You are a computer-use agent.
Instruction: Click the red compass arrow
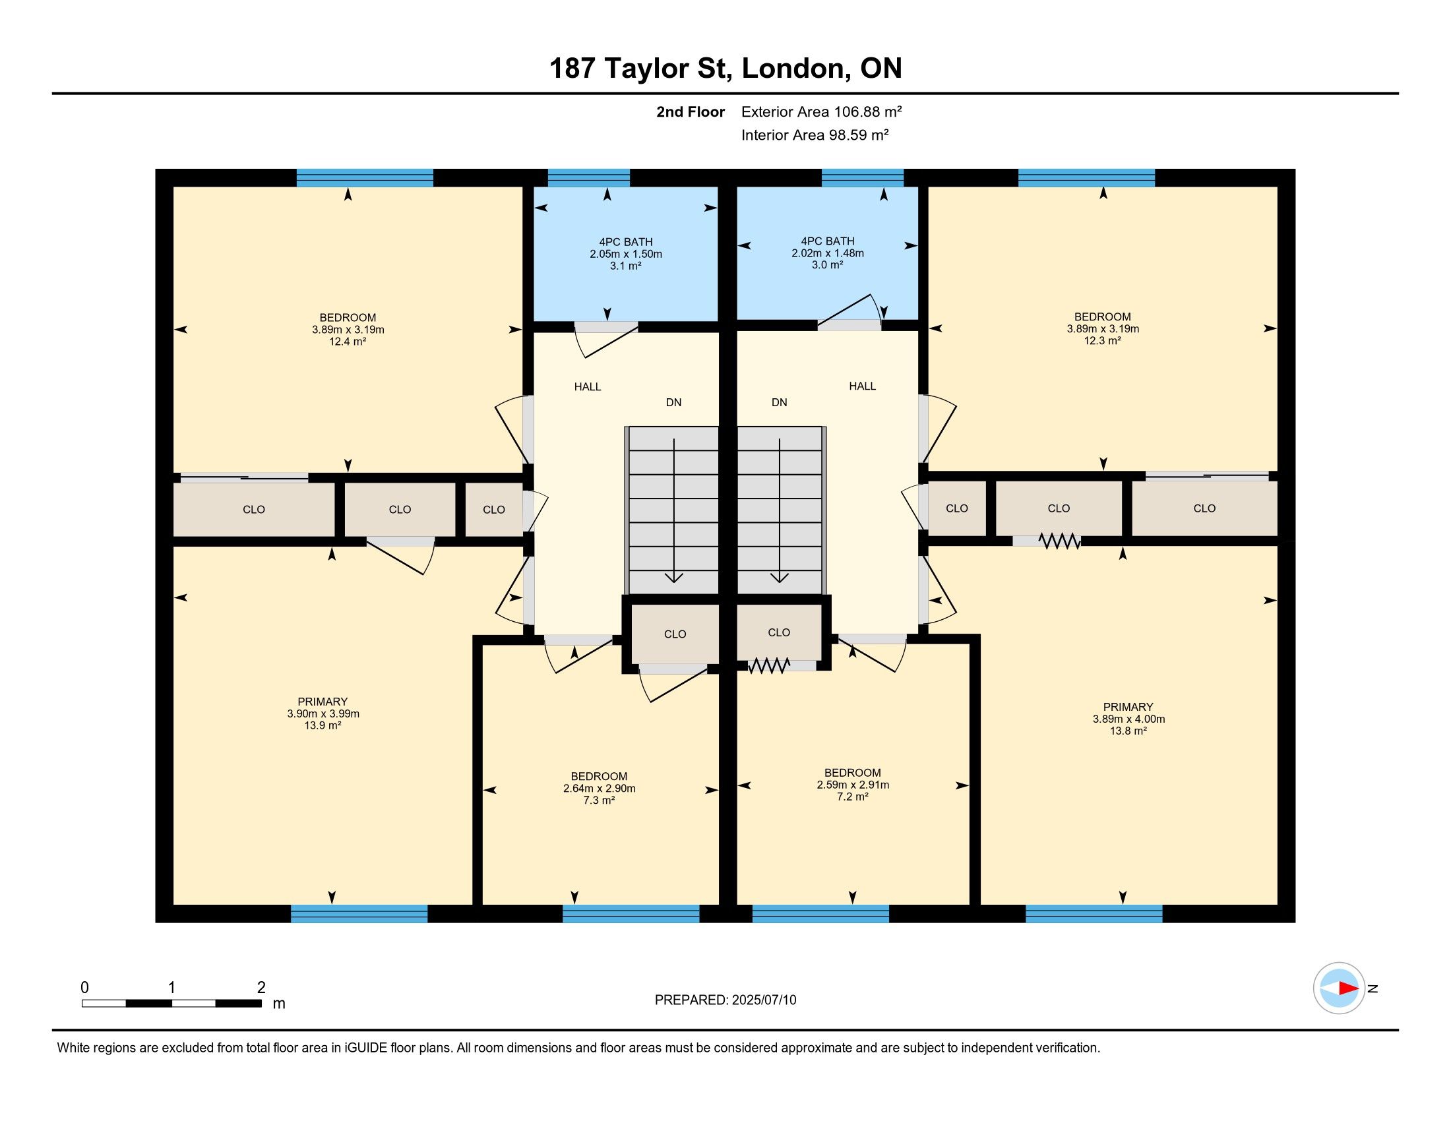pos(1348,988)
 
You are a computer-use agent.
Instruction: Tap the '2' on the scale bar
pos(261,987)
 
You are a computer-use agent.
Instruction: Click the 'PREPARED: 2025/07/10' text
pos(725,1000)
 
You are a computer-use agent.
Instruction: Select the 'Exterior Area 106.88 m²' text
pos(821,111)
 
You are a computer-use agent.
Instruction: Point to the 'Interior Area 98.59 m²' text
pos(815,135)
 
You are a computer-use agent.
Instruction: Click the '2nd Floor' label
pos(691,111)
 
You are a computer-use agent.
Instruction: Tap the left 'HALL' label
pos(587,386)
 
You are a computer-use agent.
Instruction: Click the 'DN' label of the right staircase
pos(780,402)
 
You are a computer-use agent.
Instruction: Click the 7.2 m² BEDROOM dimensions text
pos(853,785)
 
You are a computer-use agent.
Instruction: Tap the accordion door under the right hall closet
pos(768,665)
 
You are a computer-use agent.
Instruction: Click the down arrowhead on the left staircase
pos(673,577)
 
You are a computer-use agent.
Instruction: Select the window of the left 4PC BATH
pos(588,178)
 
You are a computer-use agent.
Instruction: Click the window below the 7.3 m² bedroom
pos(631,914)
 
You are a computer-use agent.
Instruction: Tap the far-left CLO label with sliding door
pos(254,510)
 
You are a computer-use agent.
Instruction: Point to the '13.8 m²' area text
pos(1128,731)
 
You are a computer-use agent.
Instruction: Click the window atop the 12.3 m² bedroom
pos(1086,178)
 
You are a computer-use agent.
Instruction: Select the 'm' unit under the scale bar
pos(279,1004)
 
